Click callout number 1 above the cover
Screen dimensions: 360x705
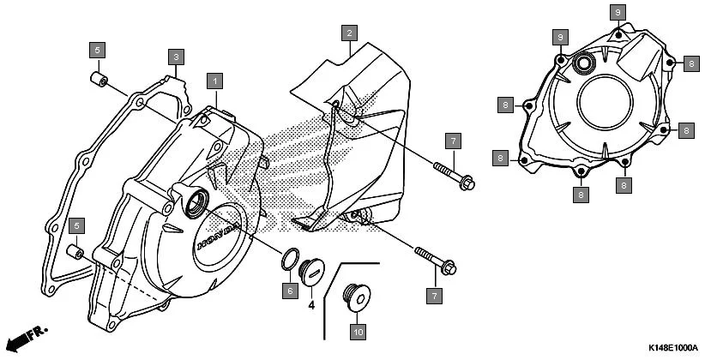214,81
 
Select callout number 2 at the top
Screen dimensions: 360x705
348,33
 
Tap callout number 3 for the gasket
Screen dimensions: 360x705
175,57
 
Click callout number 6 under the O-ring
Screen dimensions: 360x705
290,291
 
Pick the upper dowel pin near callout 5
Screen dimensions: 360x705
99,82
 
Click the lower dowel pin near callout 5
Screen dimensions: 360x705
75,253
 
